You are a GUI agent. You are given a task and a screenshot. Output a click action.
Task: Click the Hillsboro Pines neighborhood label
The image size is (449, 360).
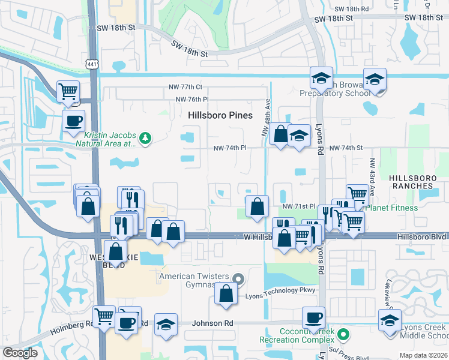pyautogui.click(x=220, y=115)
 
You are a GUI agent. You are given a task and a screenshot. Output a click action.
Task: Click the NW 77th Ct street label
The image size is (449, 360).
pyautogui.click(x=190, y=87)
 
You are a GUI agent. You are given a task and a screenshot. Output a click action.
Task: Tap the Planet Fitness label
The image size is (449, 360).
pyautogui.click(x=391, y=208)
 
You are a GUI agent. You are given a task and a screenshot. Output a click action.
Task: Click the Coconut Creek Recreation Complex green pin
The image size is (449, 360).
pyautogui.click(x=343, y=334)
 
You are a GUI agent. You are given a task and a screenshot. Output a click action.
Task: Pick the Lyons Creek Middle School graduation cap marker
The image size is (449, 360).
pyautogui.click(x=390, y=321)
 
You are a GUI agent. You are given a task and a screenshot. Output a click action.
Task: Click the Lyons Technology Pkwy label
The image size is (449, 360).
pyautogui.click(x=280, y=290)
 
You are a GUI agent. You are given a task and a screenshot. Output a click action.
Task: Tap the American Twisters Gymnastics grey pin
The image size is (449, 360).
pyautogui.click(x=238, y=278)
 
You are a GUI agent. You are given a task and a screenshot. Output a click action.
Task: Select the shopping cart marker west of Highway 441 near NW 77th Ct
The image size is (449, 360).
pyautogui.click(x=68, y=92)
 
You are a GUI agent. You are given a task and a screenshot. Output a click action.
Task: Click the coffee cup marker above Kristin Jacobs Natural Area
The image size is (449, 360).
pyautogui.click(x=74, y=121)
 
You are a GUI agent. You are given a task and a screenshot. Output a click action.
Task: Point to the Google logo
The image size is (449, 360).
pyautogui.click(x=20, y=352)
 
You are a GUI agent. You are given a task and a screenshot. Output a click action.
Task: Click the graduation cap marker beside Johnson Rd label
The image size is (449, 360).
pyautogui.click(x=166, y=325)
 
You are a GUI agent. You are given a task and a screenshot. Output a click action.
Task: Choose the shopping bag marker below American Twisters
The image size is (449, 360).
pyautogui.click(x=226, y=295)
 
